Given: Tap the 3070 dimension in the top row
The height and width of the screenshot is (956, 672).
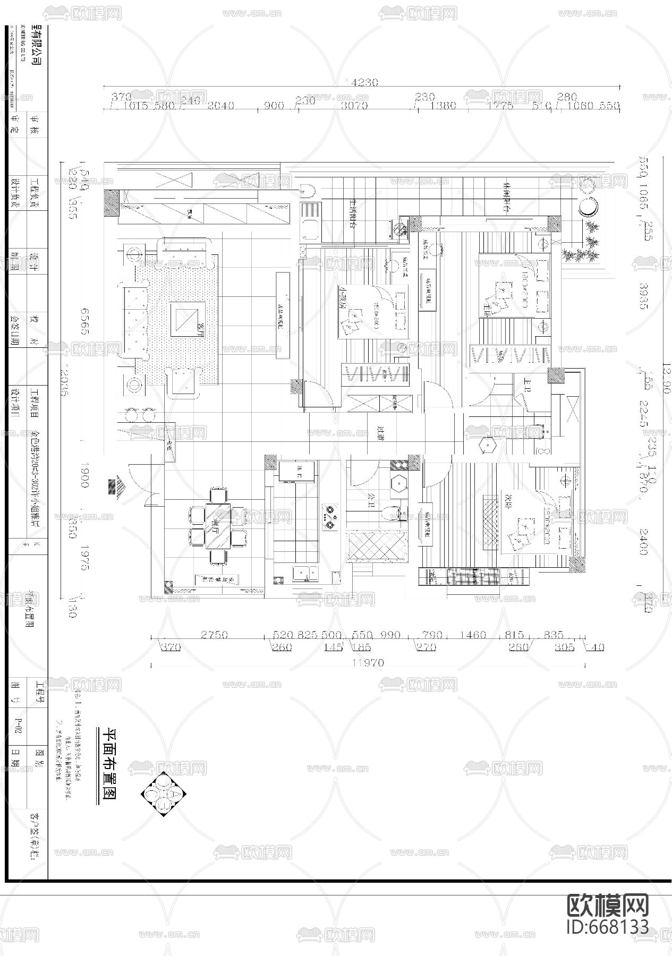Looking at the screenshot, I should (354, 105).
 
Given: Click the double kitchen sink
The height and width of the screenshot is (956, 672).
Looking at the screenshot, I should (305, 574).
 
